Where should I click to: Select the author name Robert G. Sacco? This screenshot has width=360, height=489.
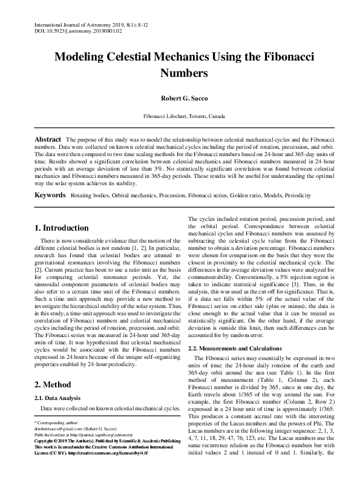[x=180, y=96]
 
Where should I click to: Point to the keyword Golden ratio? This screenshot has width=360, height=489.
[x=245, y=197]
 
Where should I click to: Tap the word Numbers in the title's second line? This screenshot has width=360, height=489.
[x=180, y=73]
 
